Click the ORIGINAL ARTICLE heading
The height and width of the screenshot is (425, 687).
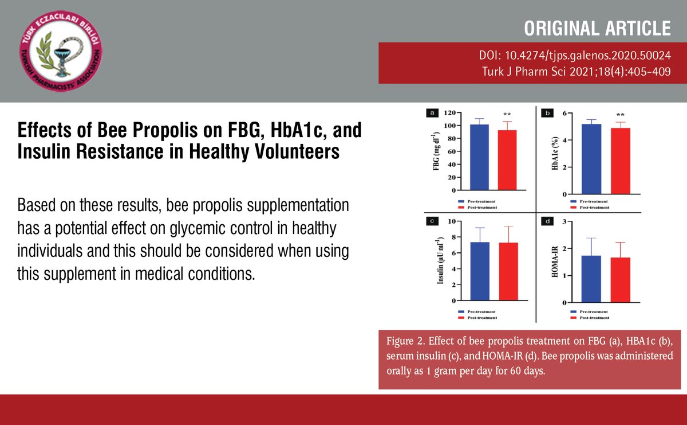tap(597, 28)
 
